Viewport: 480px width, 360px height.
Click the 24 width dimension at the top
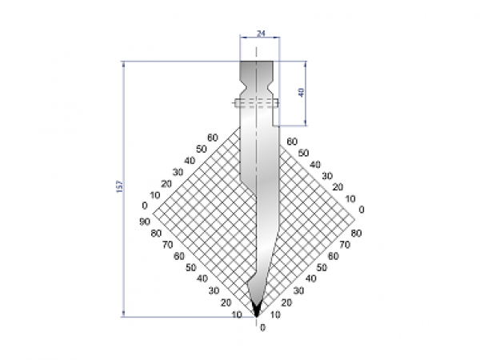coord(259,33)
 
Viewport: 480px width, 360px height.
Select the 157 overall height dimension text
coord(119,186)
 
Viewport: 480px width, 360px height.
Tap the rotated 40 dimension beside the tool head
coord(300,93)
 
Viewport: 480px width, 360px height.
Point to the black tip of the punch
coord(257,308)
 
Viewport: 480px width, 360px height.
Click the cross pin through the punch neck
coord(255,102)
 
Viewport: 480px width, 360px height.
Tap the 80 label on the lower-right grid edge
coord(354,233)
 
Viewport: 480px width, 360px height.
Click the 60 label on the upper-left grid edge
coord(212,138)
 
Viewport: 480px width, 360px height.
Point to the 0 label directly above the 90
coord(145,206)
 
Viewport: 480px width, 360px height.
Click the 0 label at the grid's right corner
coord(362,210)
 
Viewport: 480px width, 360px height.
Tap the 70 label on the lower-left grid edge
coord(168,245)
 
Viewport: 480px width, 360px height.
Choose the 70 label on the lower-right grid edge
coord(344,244)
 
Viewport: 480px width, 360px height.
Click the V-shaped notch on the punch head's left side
coord(242,81)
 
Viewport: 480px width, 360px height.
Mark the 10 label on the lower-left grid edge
coord(237,315)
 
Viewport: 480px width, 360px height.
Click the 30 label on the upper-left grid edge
coord(178,172)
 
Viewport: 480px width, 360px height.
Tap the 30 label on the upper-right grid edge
coord(326,175)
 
